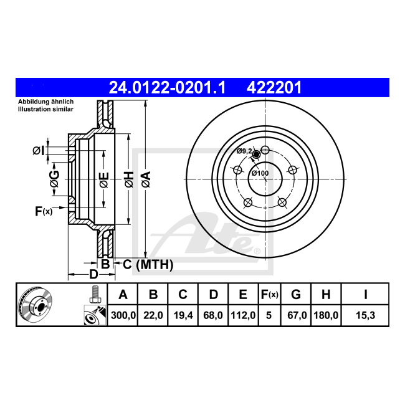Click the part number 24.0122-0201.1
167,88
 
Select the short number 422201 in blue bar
274,88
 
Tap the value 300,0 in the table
123,315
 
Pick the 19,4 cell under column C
183,315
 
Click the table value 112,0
243,315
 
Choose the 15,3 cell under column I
366,315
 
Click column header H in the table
326,295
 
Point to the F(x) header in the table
269,295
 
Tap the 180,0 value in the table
326,315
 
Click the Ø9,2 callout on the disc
244,151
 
